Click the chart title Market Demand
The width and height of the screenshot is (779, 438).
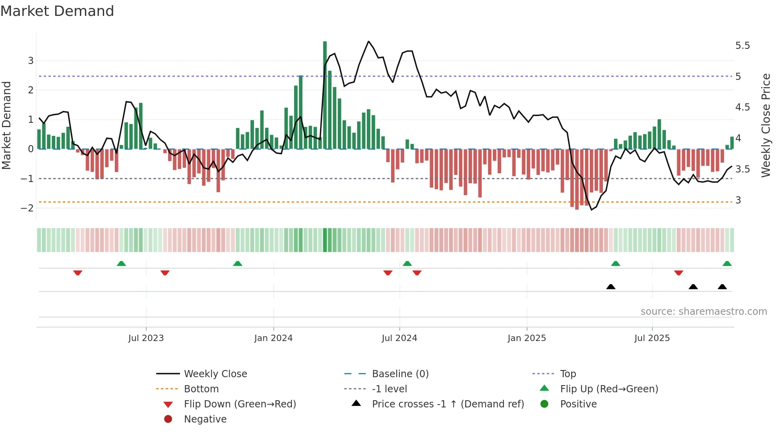(x=57, y=11)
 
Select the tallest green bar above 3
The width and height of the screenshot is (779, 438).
(x=325, y=95)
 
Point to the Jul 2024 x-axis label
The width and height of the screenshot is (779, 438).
(x=399, y=338)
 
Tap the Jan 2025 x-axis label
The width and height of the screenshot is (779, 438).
(x=527, y=338)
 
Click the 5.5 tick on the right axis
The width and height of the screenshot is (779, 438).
(x=742, y=46)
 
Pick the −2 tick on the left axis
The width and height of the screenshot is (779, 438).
(x=27, y=208)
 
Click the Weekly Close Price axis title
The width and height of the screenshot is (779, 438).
(x=766, y=125)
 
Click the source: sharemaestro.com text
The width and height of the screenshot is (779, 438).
(x=703, y=312)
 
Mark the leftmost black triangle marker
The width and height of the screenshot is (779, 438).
(x=611, y=287)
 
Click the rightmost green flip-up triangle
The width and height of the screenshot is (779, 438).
(x=727, y=264)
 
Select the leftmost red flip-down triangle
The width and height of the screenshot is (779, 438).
(x=78, y=273)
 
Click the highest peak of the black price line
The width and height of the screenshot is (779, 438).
(x=368, y=41)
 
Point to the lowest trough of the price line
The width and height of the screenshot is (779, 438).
(x=591, y=209)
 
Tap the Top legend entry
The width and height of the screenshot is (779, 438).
(x=568, y=374)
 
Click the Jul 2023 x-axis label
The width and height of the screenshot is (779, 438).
(x=146, y=338)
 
